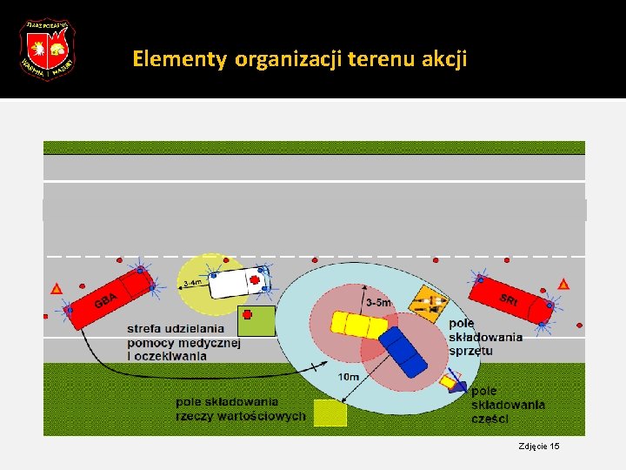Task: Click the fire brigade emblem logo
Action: [x=48, y=49]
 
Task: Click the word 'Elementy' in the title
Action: [x=180, y=59]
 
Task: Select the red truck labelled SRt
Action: [x=512, y=300]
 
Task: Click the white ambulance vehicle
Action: [x=238, y=281]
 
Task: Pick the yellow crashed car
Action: [x=358, y=325]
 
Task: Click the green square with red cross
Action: [x=256, y=320]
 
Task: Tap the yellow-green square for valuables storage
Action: [x=330, y=413]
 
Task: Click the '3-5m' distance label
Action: [x=378, y=302]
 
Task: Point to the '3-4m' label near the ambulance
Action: [x=192, y=283]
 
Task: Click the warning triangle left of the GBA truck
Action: [x=57, y=287]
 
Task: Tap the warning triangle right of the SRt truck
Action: [x=563, y=284]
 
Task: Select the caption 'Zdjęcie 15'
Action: [x=539, y=446]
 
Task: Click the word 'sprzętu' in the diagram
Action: [x=470, y=350]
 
